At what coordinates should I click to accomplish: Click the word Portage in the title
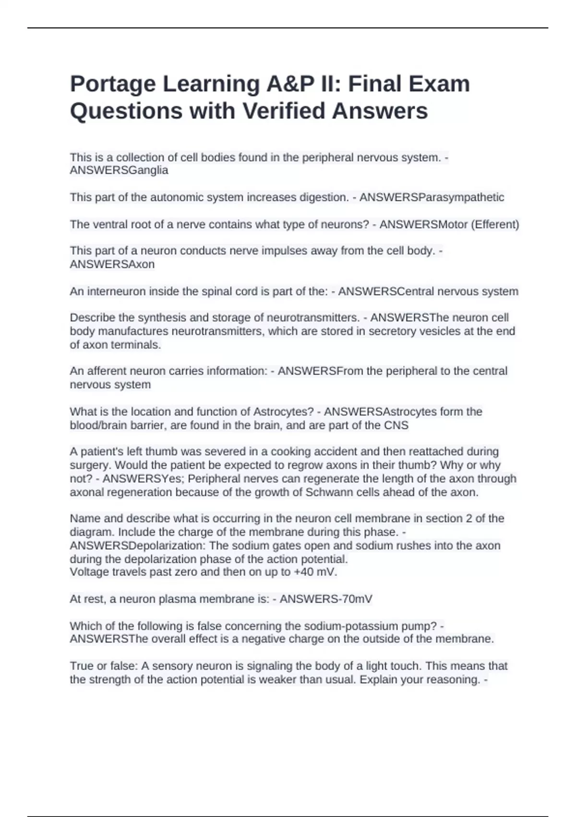tap(113, 85)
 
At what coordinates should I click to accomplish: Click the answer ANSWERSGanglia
tap(119, 170)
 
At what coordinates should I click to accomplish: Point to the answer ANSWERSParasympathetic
tap(432, 197)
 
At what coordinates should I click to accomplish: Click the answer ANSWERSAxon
tap(112, 264)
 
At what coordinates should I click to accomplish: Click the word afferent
tap(103, 371)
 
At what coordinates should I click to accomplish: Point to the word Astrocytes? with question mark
tap(283, 411)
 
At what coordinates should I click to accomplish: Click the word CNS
tap(396, 425)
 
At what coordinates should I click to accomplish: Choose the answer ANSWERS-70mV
tap(326, 599)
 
